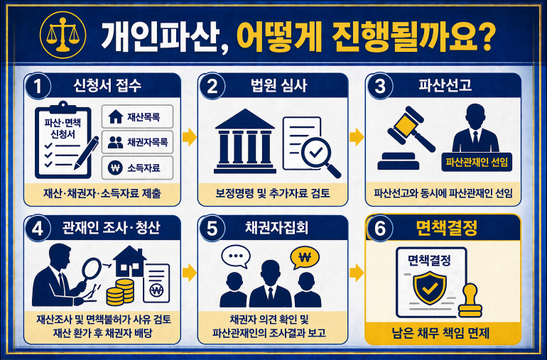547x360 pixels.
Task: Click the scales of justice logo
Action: pos(63,35)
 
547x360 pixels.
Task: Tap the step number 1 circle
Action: pos(38,86)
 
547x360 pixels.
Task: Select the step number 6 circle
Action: pos(380,229)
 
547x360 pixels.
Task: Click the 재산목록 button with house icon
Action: pos(137,117)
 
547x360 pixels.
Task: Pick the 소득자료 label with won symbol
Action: pos(137,168)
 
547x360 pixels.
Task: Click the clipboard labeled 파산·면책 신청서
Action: pos(63,140)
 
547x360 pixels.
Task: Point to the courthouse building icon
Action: pos(245,141)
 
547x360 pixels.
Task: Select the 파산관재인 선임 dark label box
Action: pos(477,162)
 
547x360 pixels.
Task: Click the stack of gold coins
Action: pos(120,292)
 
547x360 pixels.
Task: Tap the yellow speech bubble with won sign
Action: pos(305,258)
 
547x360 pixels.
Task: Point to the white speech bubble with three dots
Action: pos(236,256)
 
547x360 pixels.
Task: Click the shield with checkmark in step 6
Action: pos(430,288)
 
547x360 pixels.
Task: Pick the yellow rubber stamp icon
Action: pos(470,300)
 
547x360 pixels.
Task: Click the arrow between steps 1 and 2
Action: pos(190,137)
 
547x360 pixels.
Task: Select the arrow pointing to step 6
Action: pos(357,273)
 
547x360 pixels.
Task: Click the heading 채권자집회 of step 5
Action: pos(276,228)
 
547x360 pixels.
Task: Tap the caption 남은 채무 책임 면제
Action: pos(440,334)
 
